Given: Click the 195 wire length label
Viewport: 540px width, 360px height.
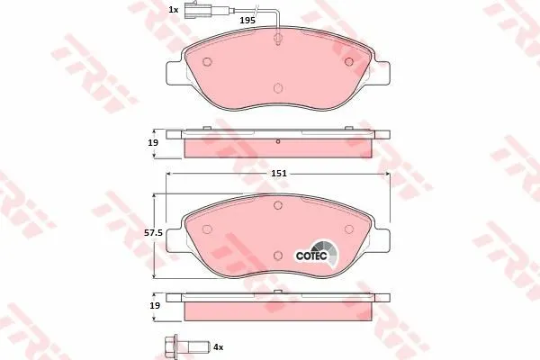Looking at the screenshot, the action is coord(247,21).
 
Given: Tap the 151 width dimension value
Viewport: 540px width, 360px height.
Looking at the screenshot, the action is coord(279,174).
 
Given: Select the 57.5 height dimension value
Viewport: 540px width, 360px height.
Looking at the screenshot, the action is coord(153,233).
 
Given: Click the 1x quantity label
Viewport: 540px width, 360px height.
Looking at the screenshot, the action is coord(173,10).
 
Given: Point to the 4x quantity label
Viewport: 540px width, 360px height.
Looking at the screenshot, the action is coord(219,346).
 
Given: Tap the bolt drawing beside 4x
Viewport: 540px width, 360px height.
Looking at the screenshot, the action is coord(187,346).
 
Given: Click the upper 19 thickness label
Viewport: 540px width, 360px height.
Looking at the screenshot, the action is coord(153,142).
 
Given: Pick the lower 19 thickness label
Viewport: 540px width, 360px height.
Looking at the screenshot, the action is coord(155,305).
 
